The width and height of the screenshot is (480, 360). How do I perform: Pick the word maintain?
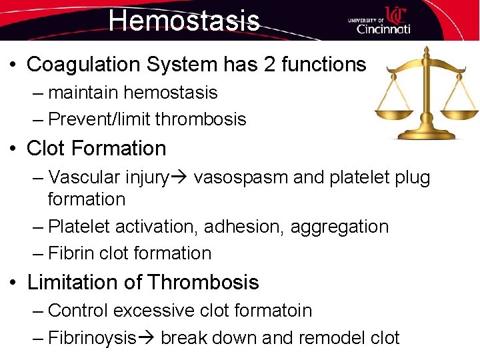84,93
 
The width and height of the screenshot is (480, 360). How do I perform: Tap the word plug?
413,178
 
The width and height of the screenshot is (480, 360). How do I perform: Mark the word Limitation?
73,283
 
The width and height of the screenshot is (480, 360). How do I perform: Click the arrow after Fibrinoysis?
146,338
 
